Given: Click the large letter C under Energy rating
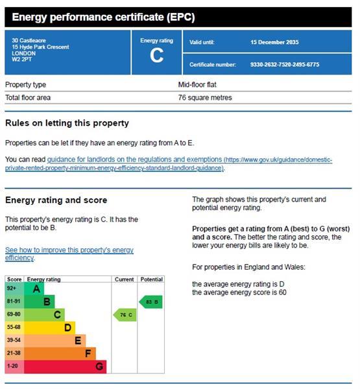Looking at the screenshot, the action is [x=157, y=55].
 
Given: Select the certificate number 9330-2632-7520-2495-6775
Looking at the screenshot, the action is [x=285, y=64].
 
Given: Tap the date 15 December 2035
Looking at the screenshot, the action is [x=274, y=42].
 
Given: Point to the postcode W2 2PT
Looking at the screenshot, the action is [x=21, y=59].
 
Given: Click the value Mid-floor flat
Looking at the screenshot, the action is [x=197, y=84].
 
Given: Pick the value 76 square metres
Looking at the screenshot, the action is [x=205, y=97].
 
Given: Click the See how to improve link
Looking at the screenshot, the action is [x=69, y=253].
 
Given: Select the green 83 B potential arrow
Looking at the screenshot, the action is [x=150, y=302].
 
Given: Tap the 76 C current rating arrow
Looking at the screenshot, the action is [x=125, y=315].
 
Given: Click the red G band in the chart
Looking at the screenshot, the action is [x=65, y=367].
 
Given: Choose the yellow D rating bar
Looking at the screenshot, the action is [x=49, y=327].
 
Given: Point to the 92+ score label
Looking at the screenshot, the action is [x=12, y=289].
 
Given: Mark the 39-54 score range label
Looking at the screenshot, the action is [x=14, y=340].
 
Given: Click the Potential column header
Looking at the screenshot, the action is [x=151, y=279].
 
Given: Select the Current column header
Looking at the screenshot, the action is [x=124, y=279].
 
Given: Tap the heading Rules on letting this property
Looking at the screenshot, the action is [x=67, y=123].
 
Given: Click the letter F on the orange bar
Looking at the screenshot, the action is [x=88, y=353].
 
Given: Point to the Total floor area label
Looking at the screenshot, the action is [x=28, y=97].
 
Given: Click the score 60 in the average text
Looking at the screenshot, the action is [x=282, y=292].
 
